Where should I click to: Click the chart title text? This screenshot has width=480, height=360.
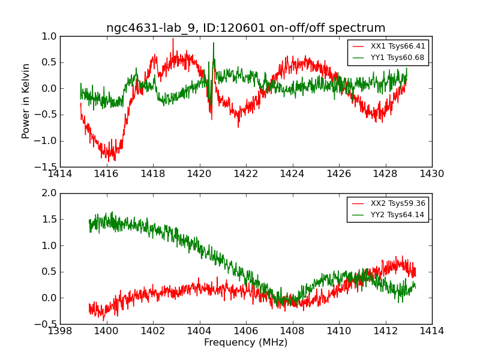245,28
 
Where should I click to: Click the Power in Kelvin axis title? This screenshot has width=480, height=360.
26,101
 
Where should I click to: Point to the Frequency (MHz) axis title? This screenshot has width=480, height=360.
245,343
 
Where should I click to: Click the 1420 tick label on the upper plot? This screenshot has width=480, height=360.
199,175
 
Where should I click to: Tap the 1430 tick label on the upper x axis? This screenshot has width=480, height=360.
431,175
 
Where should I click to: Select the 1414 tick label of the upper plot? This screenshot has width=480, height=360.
60,175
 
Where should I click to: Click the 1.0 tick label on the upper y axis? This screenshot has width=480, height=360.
49,37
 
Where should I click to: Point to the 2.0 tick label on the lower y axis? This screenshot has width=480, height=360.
49,193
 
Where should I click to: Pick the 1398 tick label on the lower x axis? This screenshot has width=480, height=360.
60,331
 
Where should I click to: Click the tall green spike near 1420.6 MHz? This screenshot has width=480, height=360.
213,44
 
